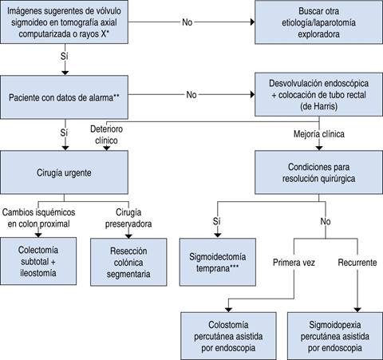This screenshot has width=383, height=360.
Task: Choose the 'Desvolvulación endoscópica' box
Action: [x=317, y=96]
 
